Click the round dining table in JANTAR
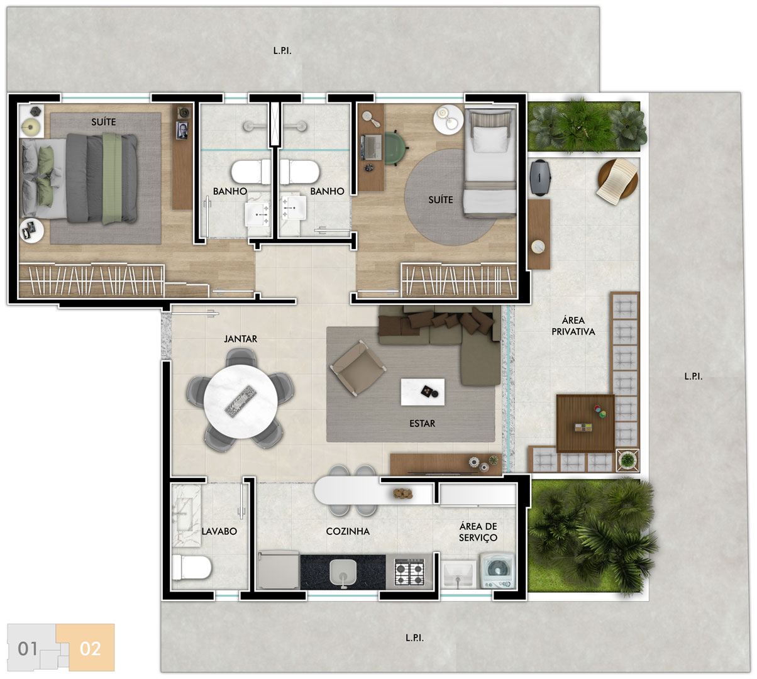pyautogui.click(x=241, y=401)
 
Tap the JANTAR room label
pyautogui.click(x=241, y=339)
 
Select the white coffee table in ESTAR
pyautogui.click(x=423, y=392)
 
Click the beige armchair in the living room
pyautogui.click(x=358, y=368)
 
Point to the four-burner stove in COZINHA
pyautogui.click(x=409, y=571)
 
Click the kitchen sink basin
pyautogui.click(x=343, y=571)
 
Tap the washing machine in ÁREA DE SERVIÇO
pyautogui.click(x=497, y=571)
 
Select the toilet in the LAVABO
pyautogui.click(x=191, y=567)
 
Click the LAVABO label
pyautogui.click(x=219, y=531)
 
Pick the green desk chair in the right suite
pyautogui.click(x=395, y=148)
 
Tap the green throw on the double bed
pyautogui.click(x=112, y=179)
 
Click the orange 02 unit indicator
pyautogui.click(x=90, y=649)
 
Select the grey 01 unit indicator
pyautogui.click(x=28, y=649)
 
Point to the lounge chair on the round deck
pyautogui.click(x=617, y=182)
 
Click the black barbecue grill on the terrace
pyautogui.click(x=540, y=177)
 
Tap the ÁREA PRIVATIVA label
pyautogui.click(x=573, y=326)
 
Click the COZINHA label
pyautogui.click(x=348, y=531)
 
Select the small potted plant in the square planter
pyautogui.click(x=627, y=460)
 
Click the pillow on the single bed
pyautogui.click(x=490, y=139)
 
